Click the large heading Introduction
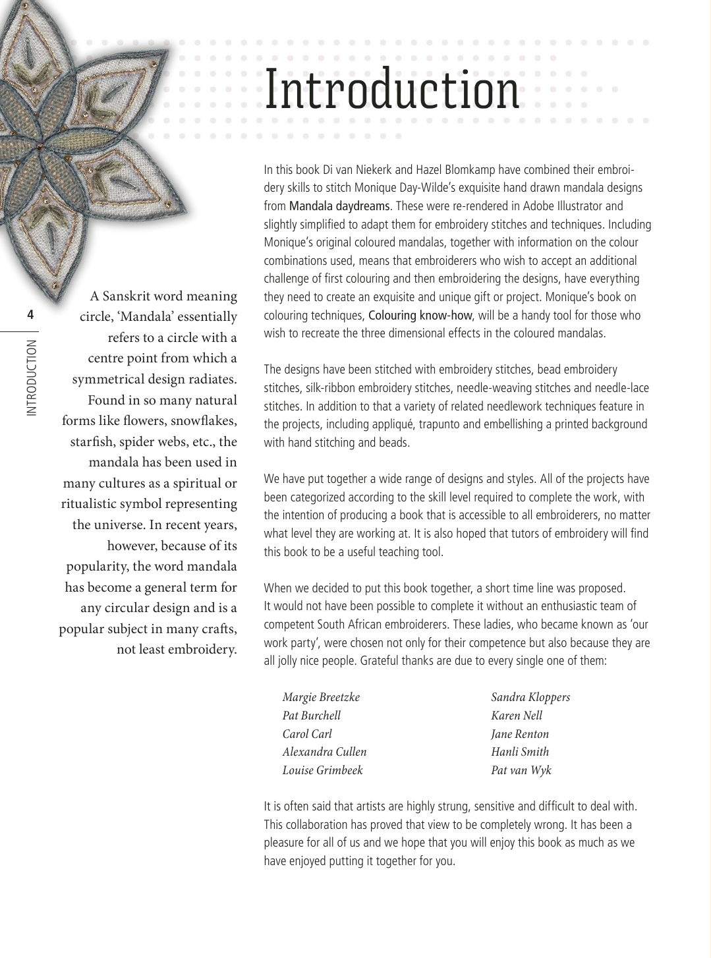pos(392,90)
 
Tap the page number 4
pos(30,315)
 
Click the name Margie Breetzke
pos(321,697)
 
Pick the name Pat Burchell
pos(312,716)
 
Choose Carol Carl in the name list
pos(307,734)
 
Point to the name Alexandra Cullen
pos(324,752)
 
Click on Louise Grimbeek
pos(322,770)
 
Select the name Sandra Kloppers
pos(530,697)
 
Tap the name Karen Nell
pos(517,716)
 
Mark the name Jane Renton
pos(520,734)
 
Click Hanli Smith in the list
pos(520,752)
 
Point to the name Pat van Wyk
pos(521,770)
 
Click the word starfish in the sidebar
pos(92,441)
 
